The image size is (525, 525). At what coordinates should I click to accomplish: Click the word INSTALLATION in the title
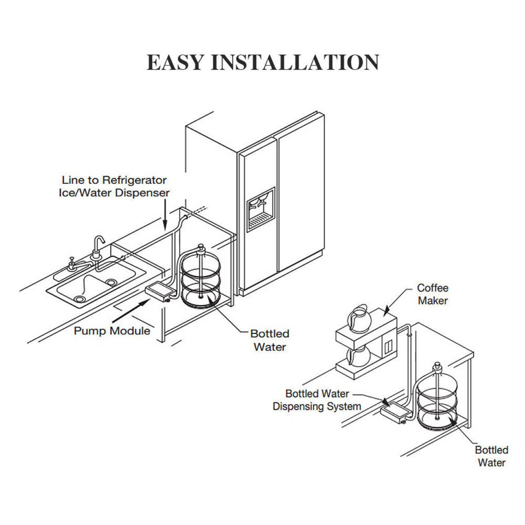point(295,62)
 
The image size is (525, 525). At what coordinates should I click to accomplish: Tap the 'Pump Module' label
point(112,331)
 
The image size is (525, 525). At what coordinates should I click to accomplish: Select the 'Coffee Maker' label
point(432,294)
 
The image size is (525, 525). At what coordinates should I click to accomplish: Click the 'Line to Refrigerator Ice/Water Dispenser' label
point(114,186)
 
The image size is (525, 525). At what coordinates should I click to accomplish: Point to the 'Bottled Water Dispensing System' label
point(317,400)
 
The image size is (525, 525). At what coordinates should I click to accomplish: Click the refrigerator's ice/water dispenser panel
point(261,209)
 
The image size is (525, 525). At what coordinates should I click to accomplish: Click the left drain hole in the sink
point(80,299)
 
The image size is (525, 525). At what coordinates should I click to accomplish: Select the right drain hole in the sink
point(111,282)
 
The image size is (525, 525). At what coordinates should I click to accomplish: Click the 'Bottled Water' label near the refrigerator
point(270,340)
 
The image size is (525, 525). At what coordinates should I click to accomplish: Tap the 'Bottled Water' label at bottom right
point(491,456)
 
